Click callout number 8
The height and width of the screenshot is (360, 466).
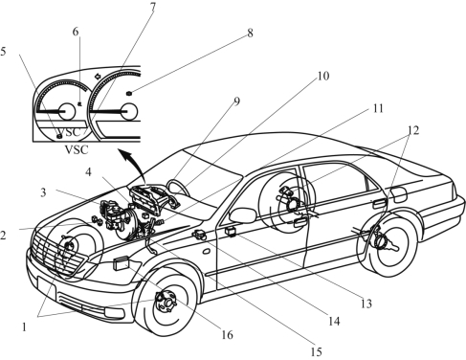coord(250,33)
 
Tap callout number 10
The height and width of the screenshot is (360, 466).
coord(322,76)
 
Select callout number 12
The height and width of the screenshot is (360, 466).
coord(413,130)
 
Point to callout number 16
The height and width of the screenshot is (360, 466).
coord(227,335)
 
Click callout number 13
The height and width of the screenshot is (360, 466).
coord(366,304)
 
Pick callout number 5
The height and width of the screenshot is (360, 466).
coord(3,52)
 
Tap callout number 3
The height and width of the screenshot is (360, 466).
coord(43,192)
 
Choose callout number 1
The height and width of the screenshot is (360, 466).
coord(24,326)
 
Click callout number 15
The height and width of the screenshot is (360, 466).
coord(316,351)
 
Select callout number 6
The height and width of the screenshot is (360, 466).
coord(76,32)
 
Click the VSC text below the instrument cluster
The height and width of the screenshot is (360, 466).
coord(77,149)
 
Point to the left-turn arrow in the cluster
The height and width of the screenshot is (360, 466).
coord(98,77)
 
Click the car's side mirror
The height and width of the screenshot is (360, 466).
coord(242,215)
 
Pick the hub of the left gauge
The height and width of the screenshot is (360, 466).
coord(67,111)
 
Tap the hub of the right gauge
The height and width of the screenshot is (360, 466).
coord(129,111)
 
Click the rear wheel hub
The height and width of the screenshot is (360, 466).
coord(383,241)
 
